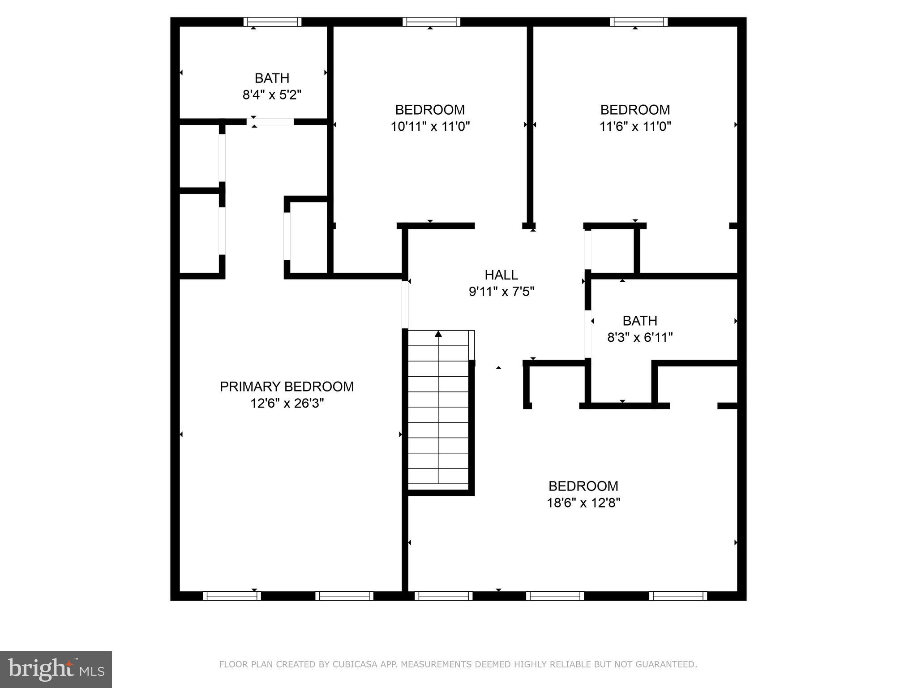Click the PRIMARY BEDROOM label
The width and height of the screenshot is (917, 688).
(x=287, y=387)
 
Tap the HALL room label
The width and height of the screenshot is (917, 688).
(x=501, y=275)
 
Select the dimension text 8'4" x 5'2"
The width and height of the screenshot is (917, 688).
(x=272, y=95)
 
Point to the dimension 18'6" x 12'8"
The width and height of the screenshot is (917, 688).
(x=583, y=503)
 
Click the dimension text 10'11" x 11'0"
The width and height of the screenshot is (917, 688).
(x=430, y=126)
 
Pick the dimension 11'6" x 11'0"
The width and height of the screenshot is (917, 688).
(x=635, y=126)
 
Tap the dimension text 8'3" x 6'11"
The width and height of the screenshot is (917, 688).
(x=640, y=337)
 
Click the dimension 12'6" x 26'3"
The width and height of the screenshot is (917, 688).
(x=287, y=404)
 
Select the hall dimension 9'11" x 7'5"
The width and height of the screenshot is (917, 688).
(x=501, y=292)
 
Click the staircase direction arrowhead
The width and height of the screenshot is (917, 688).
(x=438, y=334)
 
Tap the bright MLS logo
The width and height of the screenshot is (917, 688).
(x=56, y=669)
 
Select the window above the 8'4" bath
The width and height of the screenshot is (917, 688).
(x=272, y=22)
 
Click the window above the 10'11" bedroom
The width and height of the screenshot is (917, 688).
(x=431, y=22)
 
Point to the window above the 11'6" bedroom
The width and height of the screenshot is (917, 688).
(x=638, y=22)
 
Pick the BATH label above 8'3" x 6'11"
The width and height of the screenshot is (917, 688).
(x=640, y=321)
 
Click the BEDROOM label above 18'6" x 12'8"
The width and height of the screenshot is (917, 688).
(x=583, y=486)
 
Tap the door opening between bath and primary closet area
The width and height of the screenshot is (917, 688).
(x=270, y=121)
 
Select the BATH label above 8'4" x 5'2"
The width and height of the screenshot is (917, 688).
(x=272, y=78)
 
